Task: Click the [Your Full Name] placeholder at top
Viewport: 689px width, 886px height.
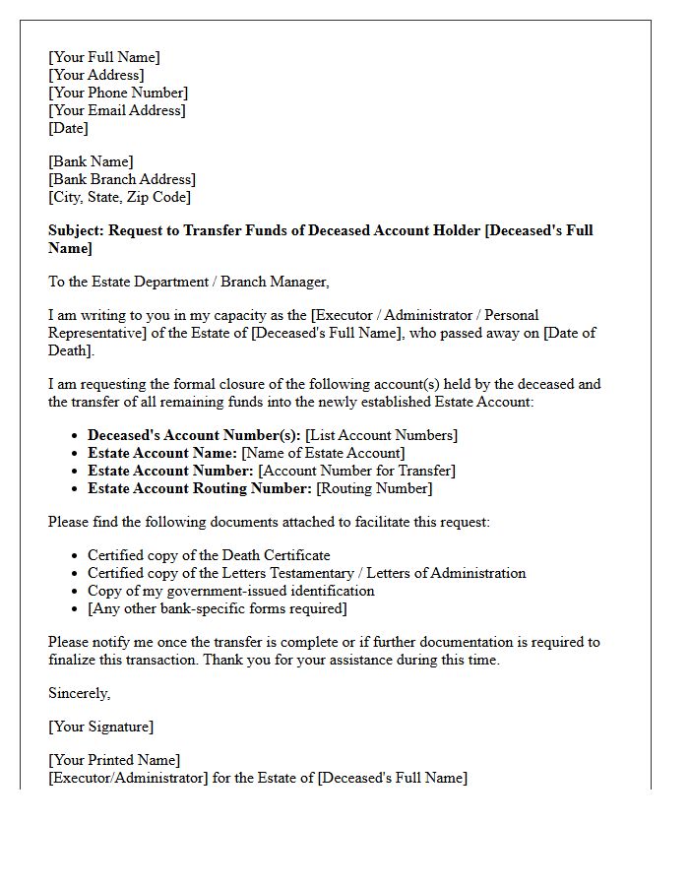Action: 103,57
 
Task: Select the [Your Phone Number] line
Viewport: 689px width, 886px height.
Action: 117,93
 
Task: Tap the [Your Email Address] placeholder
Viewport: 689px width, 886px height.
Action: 116,110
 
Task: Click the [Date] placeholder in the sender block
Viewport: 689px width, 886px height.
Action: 68,128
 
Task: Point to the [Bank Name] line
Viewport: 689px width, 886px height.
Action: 91,161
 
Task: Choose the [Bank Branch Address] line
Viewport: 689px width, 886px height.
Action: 122,179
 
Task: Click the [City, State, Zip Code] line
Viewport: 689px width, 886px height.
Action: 119,197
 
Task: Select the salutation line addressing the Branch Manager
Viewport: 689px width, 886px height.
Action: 188,282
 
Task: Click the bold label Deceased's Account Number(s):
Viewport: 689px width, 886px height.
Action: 194,435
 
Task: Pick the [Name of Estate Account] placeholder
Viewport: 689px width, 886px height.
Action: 323,453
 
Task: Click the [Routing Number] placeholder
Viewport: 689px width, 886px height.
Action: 374,488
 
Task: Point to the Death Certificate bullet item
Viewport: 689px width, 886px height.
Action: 209,555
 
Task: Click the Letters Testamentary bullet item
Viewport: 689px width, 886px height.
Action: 306,573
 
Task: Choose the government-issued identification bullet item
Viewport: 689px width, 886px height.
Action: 230,591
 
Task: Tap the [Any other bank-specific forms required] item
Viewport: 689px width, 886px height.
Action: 217,608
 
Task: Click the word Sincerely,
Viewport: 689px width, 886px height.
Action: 80,693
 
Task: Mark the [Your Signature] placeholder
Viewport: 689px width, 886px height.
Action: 100,727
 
